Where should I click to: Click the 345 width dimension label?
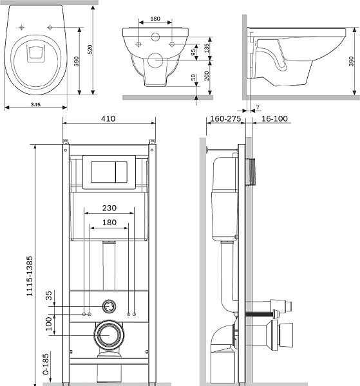tap(35, 105)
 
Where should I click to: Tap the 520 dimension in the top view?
tap(90, 50)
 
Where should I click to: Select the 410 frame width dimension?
tap(108, 118)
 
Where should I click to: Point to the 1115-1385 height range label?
tap(30, 276)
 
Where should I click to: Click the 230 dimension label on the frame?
tap(109, 208)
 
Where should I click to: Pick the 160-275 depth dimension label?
tap(225, 118)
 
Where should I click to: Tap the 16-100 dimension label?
tap(274, 118)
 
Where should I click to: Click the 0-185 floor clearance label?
tap(46, 364)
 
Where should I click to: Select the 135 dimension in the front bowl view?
tap(207, 48)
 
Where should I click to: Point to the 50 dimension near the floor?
tap(193, 78)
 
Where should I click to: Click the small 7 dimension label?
tap(258, 107)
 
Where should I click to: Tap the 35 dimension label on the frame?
tap(49, 296)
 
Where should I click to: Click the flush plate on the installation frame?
tap(109, 172)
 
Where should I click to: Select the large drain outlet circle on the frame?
tap(109, 335)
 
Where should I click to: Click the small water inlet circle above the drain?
tap(109, 306)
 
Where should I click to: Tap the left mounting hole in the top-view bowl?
tap(22, 27)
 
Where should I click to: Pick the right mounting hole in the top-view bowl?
tap(50, 27)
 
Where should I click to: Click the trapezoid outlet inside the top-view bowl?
tap(35, 53)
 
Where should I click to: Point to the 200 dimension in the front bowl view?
tap(207, 76)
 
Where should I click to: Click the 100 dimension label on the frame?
tap(49, 324)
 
